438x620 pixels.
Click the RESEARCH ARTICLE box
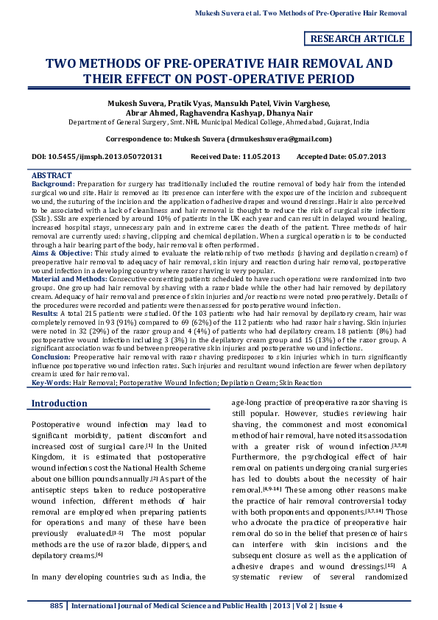[358, 38]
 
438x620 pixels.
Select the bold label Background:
[52, 183]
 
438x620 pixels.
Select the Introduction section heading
[60, 403]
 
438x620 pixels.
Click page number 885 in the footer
[57, 605]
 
